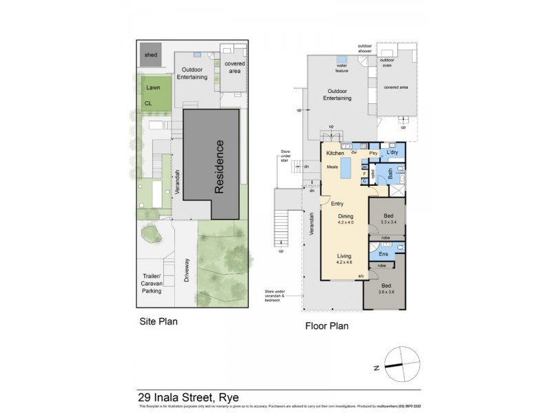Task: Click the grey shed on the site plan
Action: coord(150,55)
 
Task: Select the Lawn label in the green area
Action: coord(153,89)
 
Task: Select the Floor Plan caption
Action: coord(326,326)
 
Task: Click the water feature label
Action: coord(342,68)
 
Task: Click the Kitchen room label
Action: coord(335,153)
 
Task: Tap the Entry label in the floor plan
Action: coord(337,203)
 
